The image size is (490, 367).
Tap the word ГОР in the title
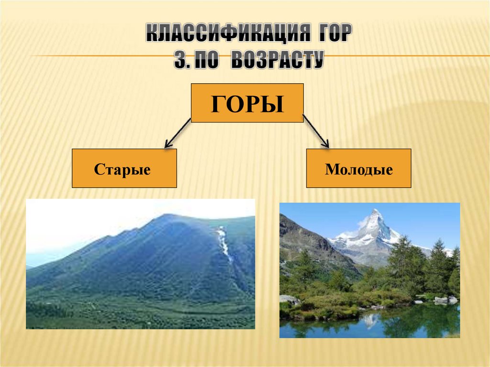[x=333, y=35]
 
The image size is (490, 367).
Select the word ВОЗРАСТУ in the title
[x=277, y=61]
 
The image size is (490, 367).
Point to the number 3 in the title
[x=179, y=61]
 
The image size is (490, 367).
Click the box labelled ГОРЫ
[x=247, y=103]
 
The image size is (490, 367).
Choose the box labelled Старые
[x=124, y=168]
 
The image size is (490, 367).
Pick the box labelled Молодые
[x=358, y=168]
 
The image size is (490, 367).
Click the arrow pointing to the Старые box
[x=177, y=133]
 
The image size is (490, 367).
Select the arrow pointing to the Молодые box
[x=316, y=131]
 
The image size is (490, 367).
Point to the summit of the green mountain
[x=166, y=216]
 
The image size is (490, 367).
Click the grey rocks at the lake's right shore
[x=445, y=300]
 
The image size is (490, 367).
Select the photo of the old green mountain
[x=140, y=264]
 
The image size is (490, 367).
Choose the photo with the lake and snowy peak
[x=369, y=270]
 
